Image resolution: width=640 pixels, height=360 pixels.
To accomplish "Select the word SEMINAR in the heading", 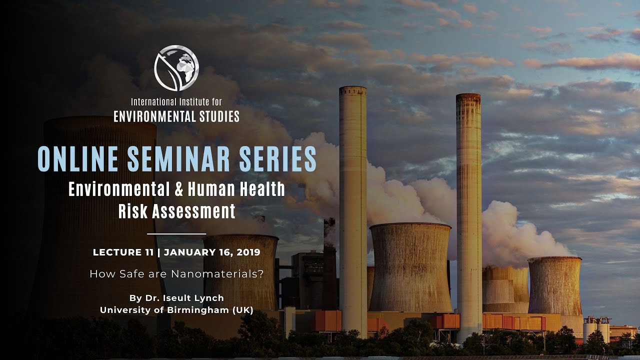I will pos(177,159).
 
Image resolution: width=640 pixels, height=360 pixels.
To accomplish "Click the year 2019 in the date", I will pos(247,252).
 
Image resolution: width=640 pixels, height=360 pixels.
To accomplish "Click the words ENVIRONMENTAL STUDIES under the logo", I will pos(176,117).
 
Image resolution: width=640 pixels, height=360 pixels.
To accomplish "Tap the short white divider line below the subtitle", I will pos(176,233).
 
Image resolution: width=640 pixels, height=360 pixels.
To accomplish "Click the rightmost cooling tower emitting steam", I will pos(555,285).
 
